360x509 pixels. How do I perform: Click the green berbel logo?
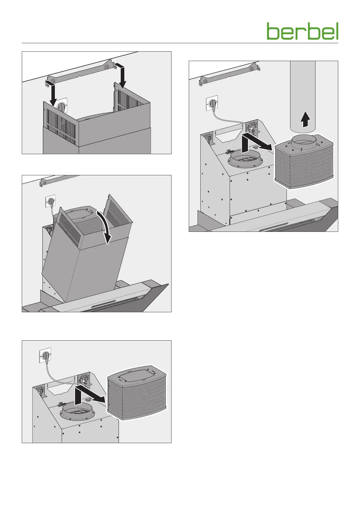[302, 31]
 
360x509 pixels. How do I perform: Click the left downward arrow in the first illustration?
[51, 94]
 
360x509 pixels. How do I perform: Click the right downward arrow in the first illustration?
[122, 76]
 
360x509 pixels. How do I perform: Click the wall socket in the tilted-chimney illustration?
[50, 201]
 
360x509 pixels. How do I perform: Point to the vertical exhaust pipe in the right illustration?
[303, 91]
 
